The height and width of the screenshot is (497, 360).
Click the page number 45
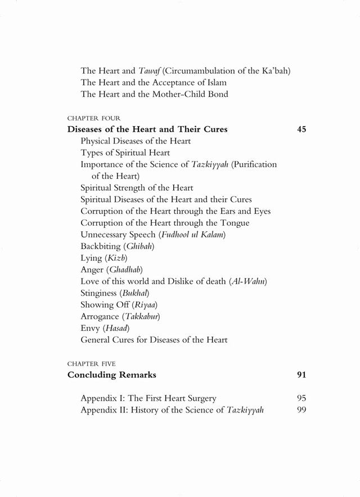[x=301, y=129]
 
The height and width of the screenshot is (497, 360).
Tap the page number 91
[x=301, y=374]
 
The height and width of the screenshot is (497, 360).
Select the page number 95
[x=301, y=398]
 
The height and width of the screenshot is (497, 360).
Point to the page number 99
[x=301, y=410]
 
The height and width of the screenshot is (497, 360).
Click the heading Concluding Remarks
[x=112, y=374]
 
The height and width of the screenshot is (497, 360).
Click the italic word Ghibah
[x=138, y=247]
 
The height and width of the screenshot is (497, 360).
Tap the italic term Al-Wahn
[x=249, y=281]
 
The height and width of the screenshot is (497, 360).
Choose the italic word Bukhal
[x=135, y=293]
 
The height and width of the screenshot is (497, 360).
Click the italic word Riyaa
[x=147, y=305]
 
